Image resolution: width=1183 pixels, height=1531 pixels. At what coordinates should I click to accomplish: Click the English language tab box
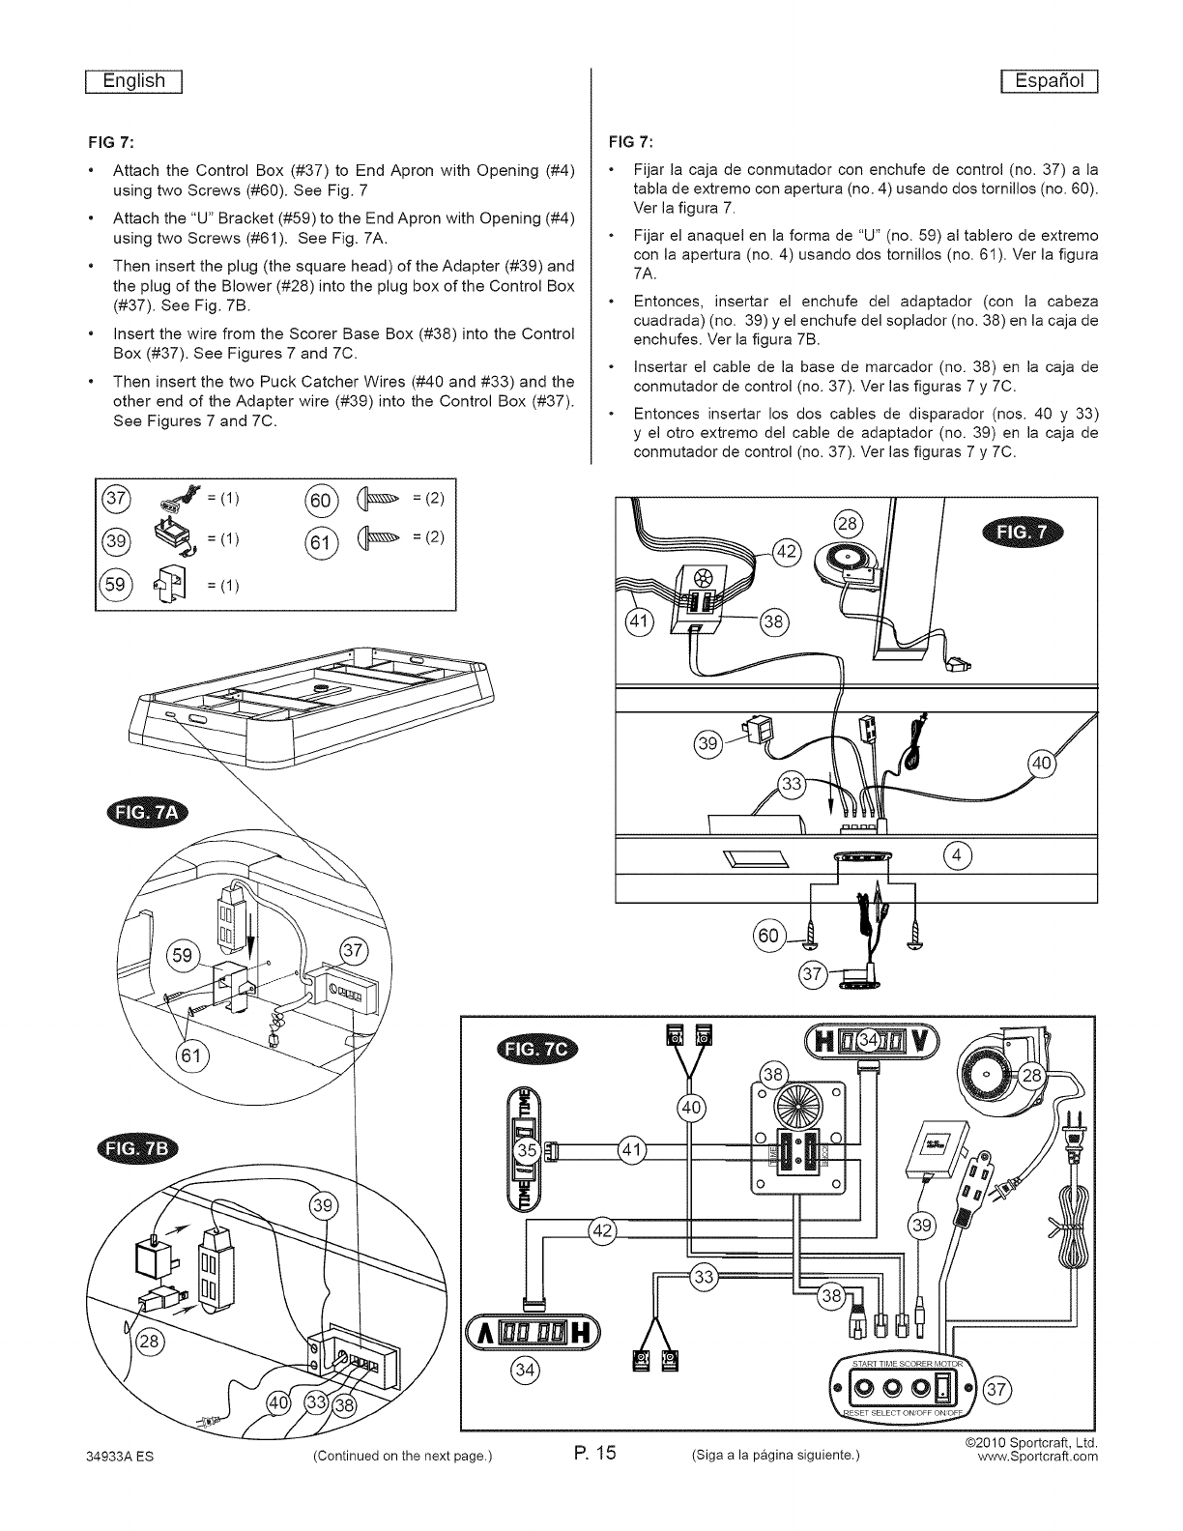coord(136,81)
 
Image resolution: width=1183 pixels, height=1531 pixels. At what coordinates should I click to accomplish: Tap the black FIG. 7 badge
coord(1020,536)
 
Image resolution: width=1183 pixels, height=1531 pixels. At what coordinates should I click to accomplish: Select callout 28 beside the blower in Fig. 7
coord(847,524)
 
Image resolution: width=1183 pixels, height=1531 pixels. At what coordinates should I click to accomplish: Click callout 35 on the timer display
coord(528,1150)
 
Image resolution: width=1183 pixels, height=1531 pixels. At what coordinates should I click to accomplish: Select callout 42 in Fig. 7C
coord(602,1229)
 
